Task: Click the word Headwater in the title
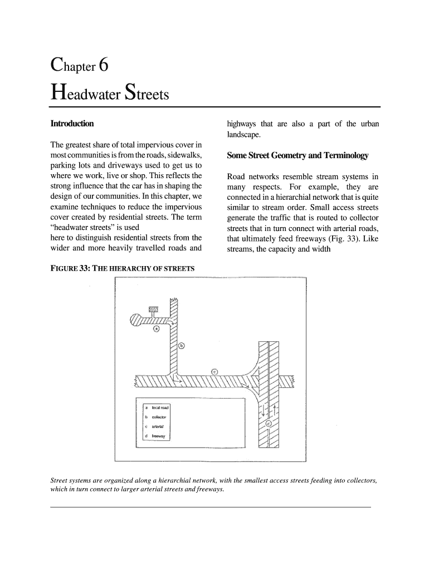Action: pyautogui.click(x=87, y=94)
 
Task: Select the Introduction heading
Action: pyautogui.click(x=72, y=123)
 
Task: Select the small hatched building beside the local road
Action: pyautogui.click(x=154, y=309)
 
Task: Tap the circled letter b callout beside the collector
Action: pyautogui.click(x=182, y=346)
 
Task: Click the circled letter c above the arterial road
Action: pyautogui.click(x=214, y=372)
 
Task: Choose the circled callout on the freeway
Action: pyautogui.click(x=269, y=424)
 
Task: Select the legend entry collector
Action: pyautogui.click(x=159, y=417)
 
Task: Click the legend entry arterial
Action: pyautogui.click(x=158, y=426)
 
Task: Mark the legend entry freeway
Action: pyautogui.click(x=158, y=436)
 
